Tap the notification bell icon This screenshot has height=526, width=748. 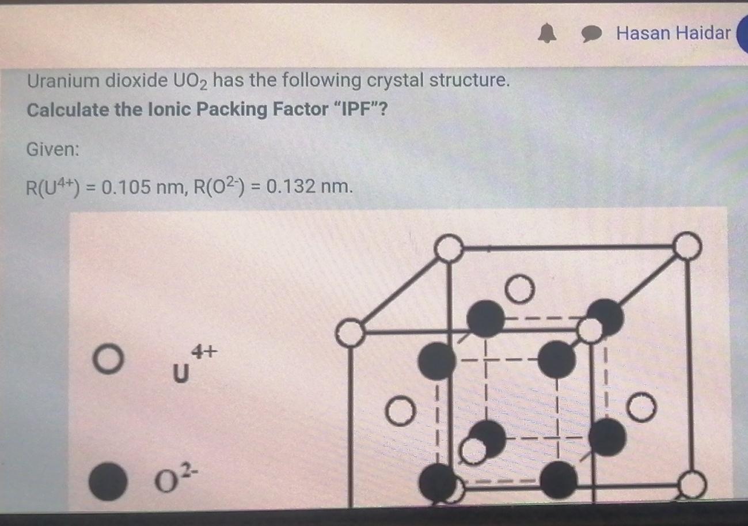[x=546, y=35]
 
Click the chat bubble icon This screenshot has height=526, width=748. [x=591, y=35]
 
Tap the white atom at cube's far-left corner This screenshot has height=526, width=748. [x=349, y=334]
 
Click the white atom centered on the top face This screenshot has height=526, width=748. [x=521, y=289]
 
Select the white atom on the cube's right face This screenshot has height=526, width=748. [x=641, y=407]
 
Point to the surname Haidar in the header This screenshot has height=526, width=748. [x=703, y=33]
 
